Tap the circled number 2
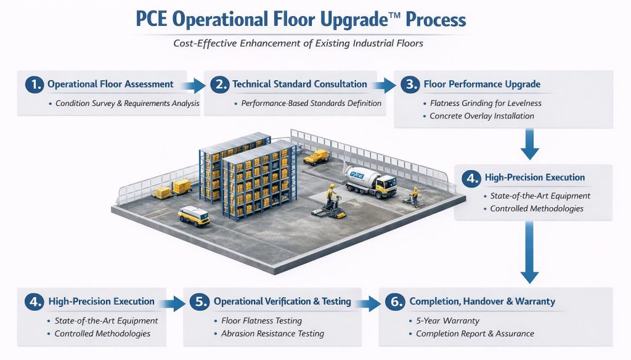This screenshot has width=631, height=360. tap(219, 84)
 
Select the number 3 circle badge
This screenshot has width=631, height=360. tap(409, 84)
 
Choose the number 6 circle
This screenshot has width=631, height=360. tap(395, 302)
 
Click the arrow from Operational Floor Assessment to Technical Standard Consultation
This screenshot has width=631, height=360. tap(195, 84)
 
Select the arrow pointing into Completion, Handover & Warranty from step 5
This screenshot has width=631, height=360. tap(371, 302)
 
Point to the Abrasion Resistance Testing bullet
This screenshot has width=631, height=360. tap(272, 333)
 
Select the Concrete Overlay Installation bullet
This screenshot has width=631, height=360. tap(481, 116)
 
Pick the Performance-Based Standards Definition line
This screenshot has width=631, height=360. tap(311, 103)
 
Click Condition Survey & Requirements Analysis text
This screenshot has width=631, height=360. tap(127, 103)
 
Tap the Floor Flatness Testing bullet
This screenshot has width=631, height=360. tap(261, 321)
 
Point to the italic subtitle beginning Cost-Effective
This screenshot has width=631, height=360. tap(315, 44)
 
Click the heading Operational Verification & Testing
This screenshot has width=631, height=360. tap(282, 301)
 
